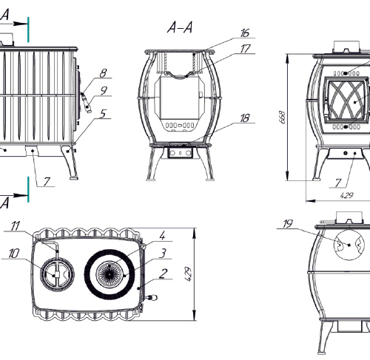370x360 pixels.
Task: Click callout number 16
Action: pyautogui.click(x=245, y=33)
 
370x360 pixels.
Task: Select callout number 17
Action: pyautogui.click(x=245, y=49)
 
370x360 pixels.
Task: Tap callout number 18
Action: pyautogui.click(x=245, y=118)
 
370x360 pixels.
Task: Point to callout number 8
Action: pyautogui.click(x=104, y=73)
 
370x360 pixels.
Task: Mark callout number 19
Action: pyautogui.click(x=288, y=224)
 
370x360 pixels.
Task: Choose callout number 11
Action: pyautogui.click(x=16, y=226)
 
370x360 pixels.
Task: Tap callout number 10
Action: pyautogui.click(x=14, y=254)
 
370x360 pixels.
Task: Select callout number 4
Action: pyautogui.click(x=162, y=236)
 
